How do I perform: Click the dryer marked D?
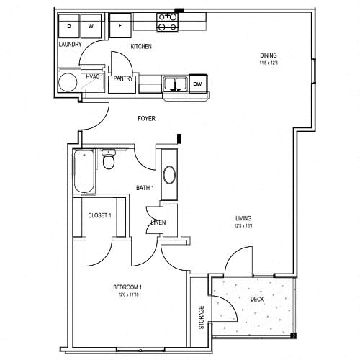70,26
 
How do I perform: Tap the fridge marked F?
120,25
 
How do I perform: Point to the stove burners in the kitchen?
167,22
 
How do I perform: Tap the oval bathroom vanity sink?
169,175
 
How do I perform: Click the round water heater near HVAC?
68,81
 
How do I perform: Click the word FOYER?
146,118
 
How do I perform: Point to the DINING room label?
269,56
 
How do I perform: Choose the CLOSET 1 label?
99,215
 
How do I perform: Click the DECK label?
256,299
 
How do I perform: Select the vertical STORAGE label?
202,318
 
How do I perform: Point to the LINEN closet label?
158,222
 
